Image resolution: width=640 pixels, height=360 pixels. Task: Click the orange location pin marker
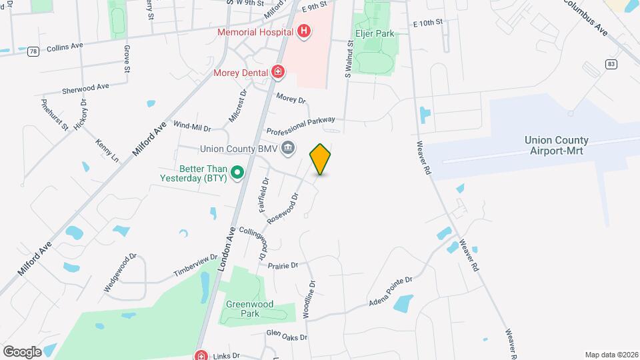coord(321,159)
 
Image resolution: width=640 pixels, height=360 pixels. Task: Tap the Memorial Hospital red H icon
coord(304,31)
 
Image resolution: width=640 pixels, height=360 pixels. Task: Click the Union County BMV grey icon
coord(288,148)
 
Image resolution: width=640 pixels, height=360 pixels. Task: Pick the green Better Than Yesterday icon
coord(237,174)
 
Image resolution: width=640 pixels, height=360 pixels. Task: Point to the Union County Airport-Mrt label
coord(557,145)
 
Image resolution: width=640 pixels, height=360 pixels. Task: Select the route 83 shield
coord(611,63)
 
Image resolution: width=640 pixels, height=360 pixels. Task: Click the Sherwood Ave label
coord(85,88)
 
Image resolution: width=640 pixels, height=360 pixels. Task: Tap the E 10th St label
coord(428,23)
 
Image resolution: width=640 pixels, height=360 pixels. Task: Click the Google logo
coord(22,351)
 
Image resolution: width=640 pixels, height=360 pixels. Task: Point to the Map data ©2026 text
coord(611,355)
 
